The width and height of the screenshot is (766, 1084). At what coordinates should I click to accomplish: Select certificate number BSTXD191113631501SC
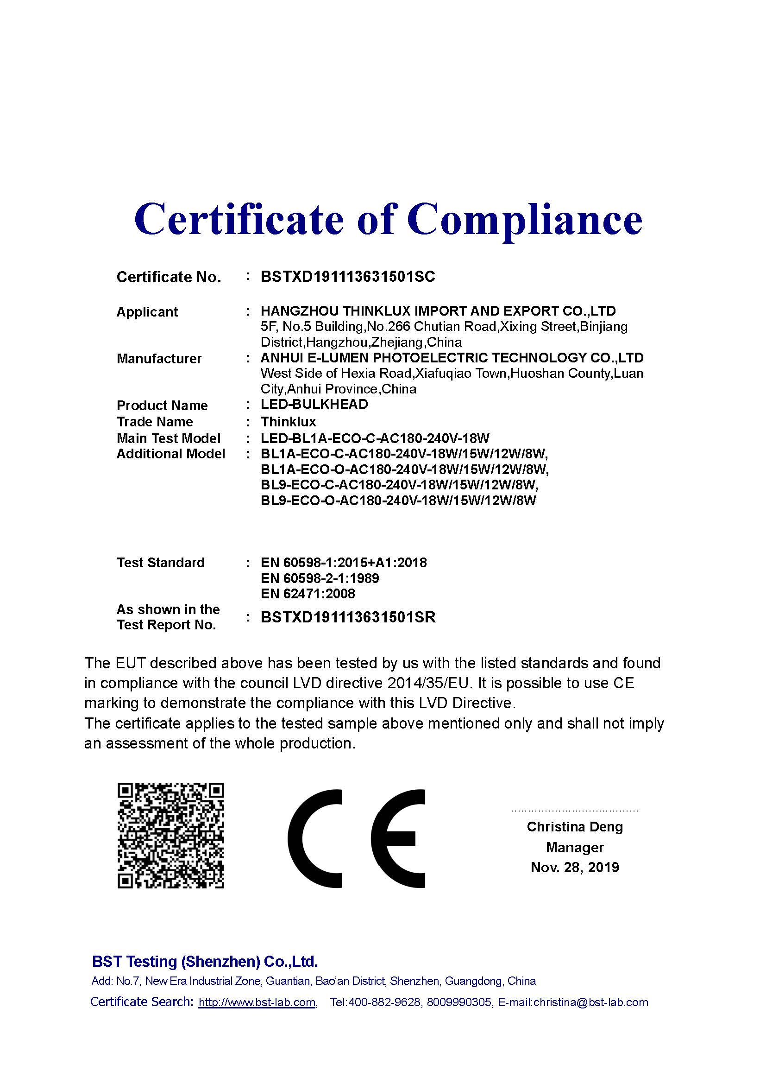click(x=348, y=277)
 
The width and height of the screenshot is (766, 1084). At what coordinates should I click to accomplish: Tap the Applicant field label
click(x=147, y=312)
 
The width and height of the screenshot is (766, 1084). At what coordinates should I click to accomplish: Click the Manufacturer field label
click(x=159, y=359)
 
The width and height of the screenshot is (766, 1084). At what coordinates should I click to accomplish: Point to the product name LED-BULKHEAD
click(x=314, y=405)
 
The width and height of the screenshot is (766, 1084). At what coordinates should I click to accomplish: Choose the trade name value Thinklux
click(x=288, y=422)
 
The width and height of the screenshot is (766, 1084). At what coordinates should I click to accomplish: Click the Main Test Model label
click(x=169, y=438)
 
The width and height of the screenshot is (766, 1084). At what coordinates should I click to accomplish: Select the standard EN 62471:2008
click(x=308, y=594)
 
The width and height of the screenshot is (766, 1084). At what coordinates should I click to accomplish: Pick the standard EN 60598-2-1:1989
click(x=320, y=578)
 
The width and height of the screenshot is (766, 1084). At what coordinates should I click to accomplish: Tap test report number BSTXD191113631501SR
click(x=348, y=617)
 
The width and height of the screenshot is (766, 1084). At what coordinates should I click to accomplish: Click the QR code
click(x=170, y=835)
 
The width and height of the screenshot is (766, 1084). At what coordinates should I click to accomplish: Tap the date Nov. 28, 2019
click(x=574, y=867)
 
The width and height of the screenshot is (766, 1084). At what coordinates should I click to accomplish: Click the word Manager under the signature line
click(x=574, y=848)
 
